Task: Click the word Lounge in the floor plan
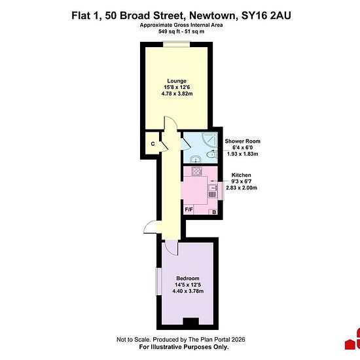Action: point(177,81)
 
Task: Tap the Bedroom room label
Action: point(188,278)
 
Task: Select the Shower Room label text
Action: point(242,141)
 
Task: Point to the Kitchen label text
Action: point(241,175)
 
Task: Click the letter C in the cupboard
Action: point(153,144)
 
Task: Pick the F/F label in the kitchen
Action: point(189,209)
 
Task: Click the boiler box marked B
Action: point(214,212)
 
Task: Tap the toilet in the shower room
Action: point(211,154)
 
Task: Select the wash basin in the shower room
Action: point(196,159)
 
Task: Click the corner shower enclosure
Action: point(209,139)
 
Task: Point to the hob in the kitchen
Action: point(197,171)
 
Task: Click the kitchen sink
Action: point(213,188)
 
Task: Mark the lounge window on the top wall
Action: point(176,45)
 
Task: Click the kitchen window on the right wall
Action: point(221,190)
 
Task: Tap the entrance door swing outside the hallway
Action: point(150,227)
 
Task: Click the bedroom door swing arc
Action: point(171,247)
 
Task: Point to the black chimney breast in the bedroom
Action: point(190,321)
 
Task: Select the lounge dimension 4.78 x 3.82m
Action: point(177,94)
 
